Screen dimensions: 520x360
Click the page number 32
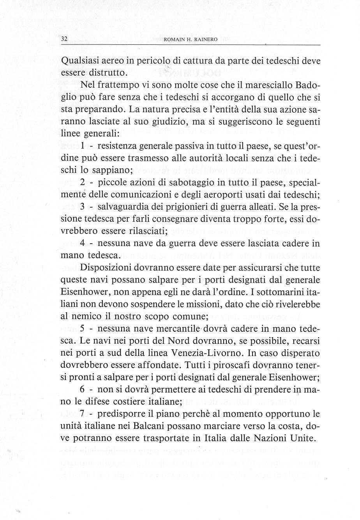pos(65,39)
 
